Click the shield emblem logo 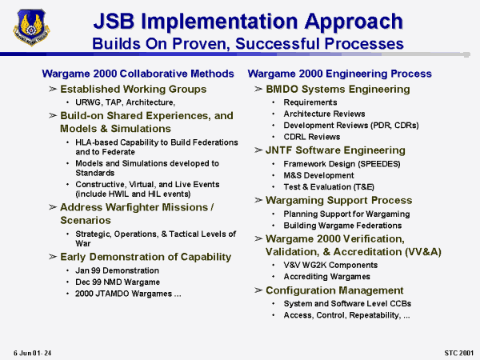click(31, 27)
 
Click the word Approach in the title click(354, 22)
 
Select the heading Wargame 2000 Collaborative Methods click(138, 74)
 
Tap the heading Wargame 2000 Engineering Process click(339, 74)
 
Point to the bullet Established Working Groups click(133, 89)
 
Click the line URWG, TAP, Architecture click(126, 102)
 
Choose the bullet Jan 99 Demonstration click(117, 270)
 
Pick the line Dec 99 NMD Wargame click(118, 282)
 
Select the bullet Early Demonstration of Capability click(146, 257)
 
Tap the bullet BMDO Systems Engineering click(338, 89)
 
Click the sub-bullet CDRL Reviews click(312, 137)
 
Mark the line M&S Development click(318, 175)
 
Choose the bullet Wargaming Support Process click(339, 200)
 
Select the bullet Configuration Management click(334, 290)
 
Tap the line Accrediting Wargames click(326, 277)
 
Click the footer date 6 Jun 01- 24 click(32, 353)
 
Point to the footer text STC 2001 click(458, 353)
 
